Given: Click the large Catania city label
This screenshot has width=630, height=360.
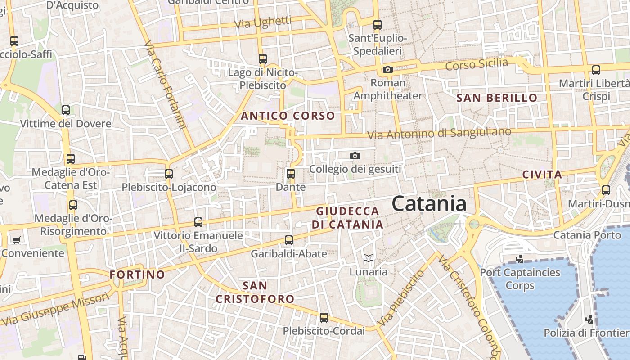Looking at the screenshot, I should pyautogui.click(x=429, y=204).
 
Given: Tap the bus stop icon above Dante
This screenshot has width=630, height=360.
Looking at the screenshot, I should pyautogui.click(x=291, y=174).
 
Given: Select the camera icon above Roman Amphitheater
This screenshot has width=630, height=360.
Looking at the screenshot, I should pyautogui.click(x=387, y=69).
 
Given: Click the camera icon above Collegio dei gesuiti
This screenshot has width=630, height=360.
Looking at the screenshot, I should pyautogui.click(x=355, y=156).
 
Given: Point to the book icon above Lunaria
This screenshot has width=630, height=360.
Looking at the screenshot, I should pyautogui.click(x=369, y=258).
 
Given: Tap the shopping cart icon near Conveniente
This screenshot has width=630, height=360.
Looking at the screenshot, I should pyautogui.click(x=17, y=240).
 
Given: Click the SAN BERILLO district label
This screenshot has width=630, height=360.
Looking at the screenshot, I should pyautogui.click(x=497, y=98).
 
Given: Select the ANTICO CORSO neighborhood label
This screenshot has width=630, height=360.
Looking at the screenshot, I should pyautogui.click(x=288, y=116).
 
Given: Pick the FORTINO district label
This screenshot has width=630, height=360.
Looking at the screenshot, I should pyautogui.click(x=138, y=274).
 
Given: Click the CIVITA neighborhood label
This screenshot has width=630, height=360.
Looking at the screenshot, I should pyautogui.click(x=542, y=175).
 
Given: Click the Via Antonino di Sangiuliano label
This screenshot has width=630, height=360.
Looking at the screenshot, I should pyautogui.click(x=439, y=133).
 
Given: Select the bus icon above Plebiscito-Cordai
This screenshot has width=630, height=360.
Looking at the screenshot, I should pyautogui.click(x=324, y=318).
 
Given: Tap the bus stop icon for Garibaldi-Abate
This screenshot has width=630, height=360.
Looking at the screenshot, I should pyautogui.click(x=289, y=240).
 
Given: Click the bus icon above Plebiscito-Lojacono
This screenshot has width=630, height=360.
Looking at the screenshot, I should pyautogui.click(x=169, y=174).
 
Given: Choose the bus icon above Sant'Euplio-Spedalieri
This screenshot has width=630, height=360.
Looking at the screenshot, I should pyautogui.click(x=378, y=25).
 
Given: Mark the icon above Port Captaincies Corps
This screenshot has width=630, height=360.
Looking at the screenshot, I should pyautogui.click(x=520, y=259).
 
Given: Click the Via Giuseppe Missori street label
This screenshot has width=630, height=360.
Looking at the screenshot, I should pyautogui.click(x=56, y=309).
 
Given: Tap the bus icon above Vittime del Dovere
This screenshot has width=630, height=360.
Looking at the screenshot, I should pyautogui.click(x=66, y=110).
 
